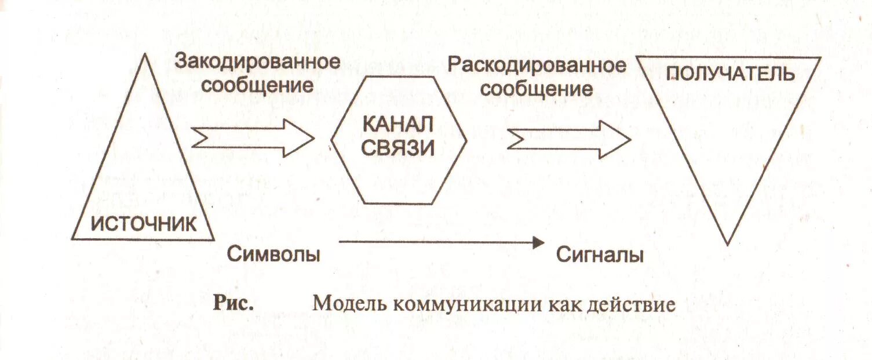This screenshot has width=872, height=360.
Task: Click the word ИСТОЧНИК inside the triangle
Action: click(x=144, y=223)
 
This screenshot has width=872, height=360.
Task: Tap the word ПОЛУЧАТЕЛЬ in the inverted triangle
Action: click(x=729, y=75)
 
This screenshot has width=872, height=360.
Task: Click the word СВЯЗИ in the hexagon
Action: click(x=397, y=148)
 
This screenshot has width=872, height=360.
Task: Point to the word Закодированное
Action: click(x=257, y=62)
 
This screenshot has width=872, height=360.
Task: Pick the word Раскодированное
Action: click(x=537, y=65)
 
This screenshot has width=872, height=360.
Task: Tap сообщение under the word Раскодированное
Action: click(x=537, y=89)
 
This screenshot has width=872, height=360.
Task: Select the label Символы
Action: click(x=273, y=254)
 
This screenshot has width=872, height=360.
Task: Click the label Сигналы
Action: click(x=600, y=255)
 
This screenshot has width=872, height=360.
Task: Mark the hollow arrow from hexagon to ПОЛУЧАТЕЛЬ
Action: click(x=568, y=139)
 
